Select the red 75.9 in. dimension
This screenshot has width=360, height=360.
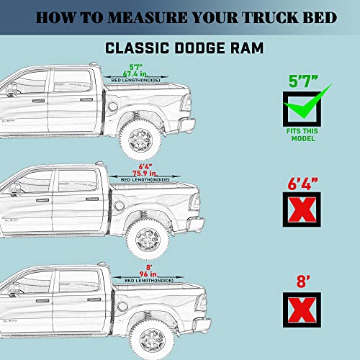coord(135,173)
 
